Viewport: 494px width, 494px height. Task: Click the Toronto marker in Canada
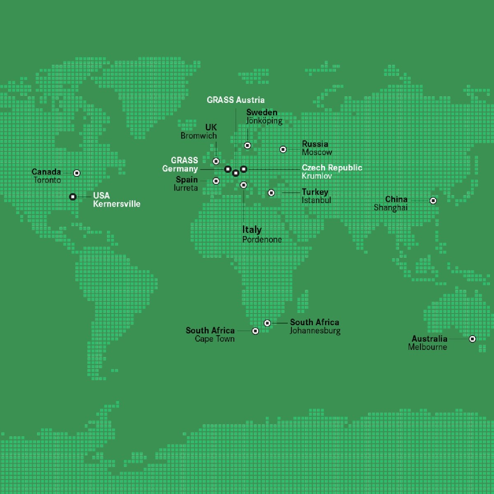click(x=77, y=173)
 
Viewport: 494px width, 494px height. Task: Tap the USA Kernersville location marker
click(x=73, y=197)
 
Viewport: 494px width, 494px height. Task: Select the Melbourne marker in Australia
click(x=473, y=339)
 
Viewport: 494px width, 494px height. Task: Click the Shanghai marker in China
click(x=433, y=200)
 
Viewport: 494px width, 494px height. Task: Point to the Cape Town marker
click(x=255, y=331)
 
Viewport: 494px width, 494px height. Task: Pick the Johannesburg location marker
click(x=267, y=323)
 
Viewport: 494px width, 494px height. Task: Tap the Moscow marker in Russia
click(x=283, y=149)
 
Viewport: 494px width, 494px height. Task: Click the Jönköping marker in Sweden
click(x=247, y=145)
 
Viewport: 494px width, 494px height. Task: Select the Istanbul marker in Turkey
click(x=271, y=193)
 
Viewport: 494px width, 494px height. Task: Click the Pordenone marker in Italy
click(x=243, y=185)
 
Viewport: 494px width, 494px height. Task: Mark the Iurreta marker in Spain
click(x=216, y=181)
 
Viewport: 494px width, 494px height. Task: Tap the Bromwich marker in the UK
click(x=216, y=161)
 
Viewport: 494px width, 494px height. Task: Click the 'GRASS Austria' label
click(x=235, y=100)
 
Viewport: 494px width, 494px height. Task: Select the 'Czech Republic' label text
click(x=332, y=168)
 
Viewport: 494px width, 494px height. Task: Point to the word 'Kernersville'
click(x=117, y=204)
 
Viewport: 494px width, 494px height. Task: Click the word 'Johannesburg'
click(x=315, y=331)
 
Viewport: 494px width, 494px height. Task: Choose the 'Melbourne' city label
click(x=427, y=347)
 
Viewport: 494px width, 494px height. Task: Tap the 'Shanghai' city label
click(x=390, y=207)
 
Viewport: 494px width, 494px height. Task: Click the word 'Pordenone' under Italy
click(x=262, y=240)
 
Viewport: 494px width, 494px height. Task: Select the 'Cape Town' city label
click(x=214, y=339)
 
